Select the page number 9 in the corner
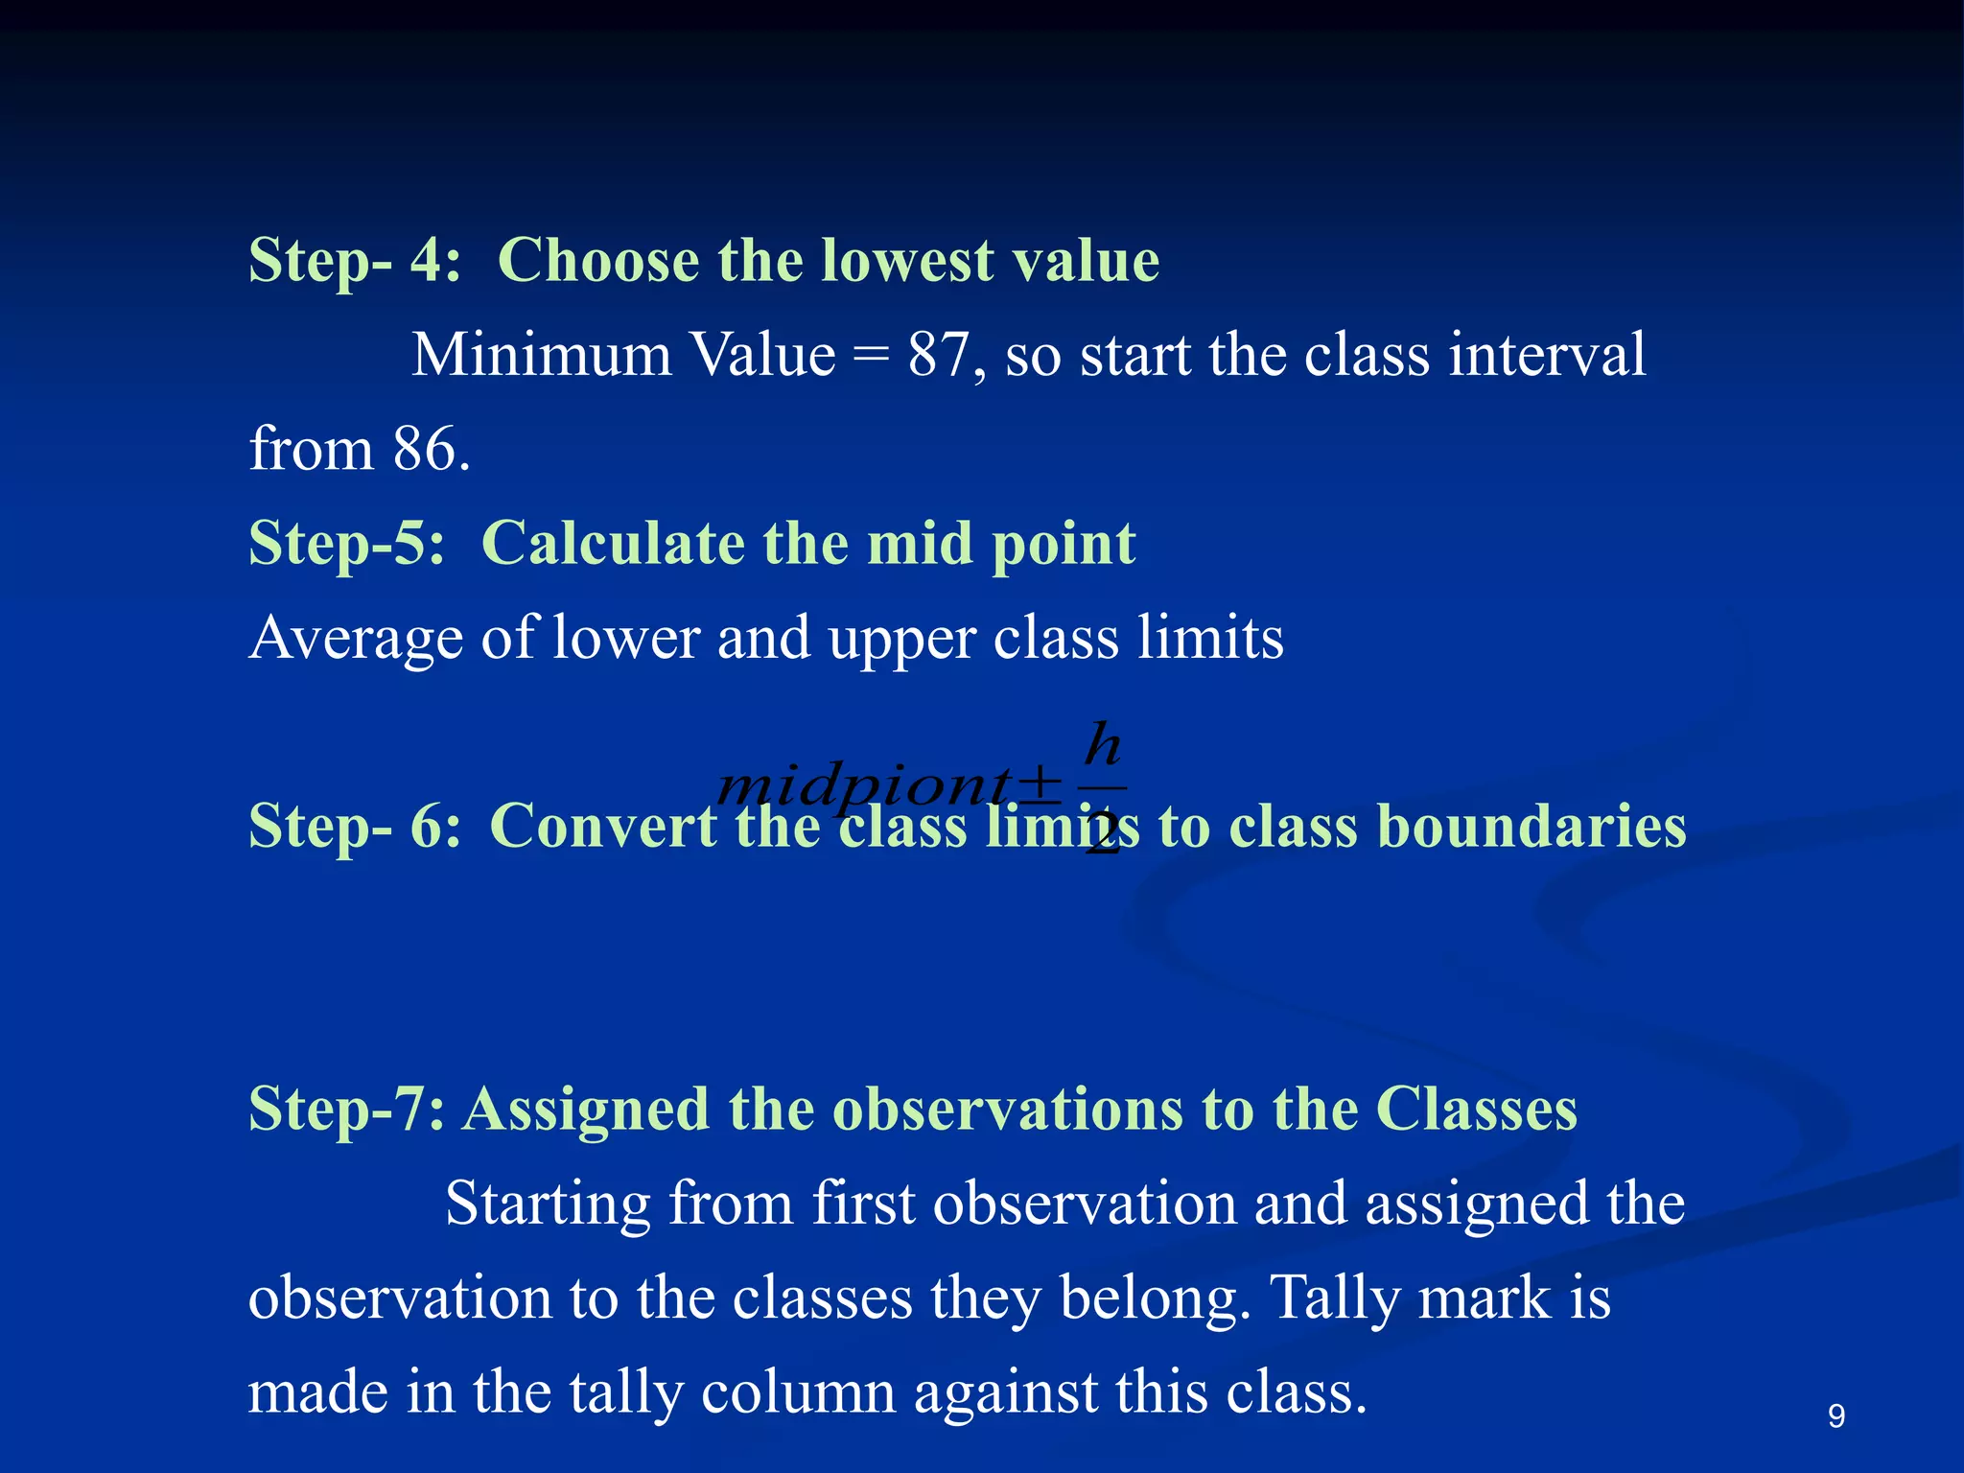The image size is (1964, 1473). point(1835,1416)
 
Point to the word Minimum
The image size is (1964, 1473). point(542,355)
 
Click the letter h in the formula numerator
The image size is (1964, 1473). point(1103,745)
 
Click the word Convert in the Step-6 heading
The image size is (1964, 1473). point(603,826)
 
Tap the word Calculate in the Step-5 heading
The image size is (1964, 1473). point(613,544)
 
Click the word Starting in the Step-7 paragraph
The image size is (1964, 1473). point(548,1204)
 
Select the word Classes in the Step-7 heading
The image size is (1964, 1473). point(1476,1110)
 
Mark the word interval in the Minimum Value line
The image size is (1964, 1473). point(1547,355)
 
